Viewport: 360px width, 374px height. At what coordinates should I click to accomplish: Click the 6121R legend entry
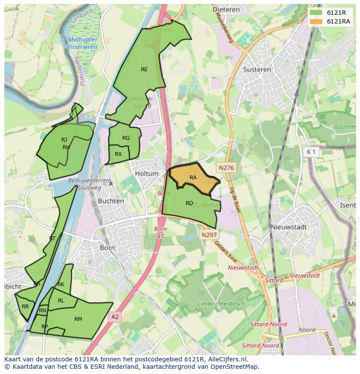pos(333,12)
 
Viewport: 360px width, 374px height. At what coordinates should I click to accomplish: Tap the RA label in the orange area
pos(193,178)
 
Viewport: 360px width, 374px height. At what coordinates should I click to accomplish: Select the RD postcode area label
pos(189,203)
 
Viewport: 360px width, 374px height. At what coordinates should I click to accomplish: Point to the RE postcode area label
pos(144,70)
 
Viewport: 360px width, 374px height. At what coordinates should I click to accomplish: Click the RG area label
pos(126,138)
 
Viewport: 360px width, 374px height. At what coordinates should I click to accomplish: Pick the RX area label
pos(118,154)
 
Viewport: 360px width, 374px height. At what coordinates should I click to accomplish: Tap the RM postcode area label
pos(78,319)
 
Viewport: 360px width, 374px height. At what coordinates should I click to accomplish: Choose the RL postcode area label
pos(61,301)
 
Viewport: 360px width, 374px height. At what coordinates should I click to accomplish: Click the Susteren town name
pos(257,70)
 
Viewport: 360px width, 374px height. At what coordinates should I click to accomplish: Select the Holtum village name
pos(147,174)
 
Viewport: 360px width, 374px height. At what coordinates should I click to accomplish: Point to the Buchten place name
pos(111,202)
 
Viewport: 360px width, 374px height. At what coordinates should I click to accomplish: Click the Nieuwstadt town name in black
pos(289,227)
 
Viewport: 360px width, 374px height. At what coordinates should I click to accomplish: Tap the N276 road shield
pos(227,167)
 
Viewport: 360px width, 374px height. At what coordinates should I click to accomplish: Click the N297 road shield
pos(209,235)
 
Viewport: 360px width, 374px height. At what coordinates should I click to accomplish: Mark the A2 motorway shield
pos(114,317)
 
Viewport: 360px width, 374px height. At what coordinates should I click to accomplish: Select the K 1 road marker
pos(311,152)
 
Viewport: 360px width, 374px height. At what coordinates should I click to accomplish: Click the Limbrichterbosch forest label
pos(221,304)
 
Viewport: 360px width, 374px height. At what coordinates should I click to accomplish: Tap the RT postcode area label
pos(52,238)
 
